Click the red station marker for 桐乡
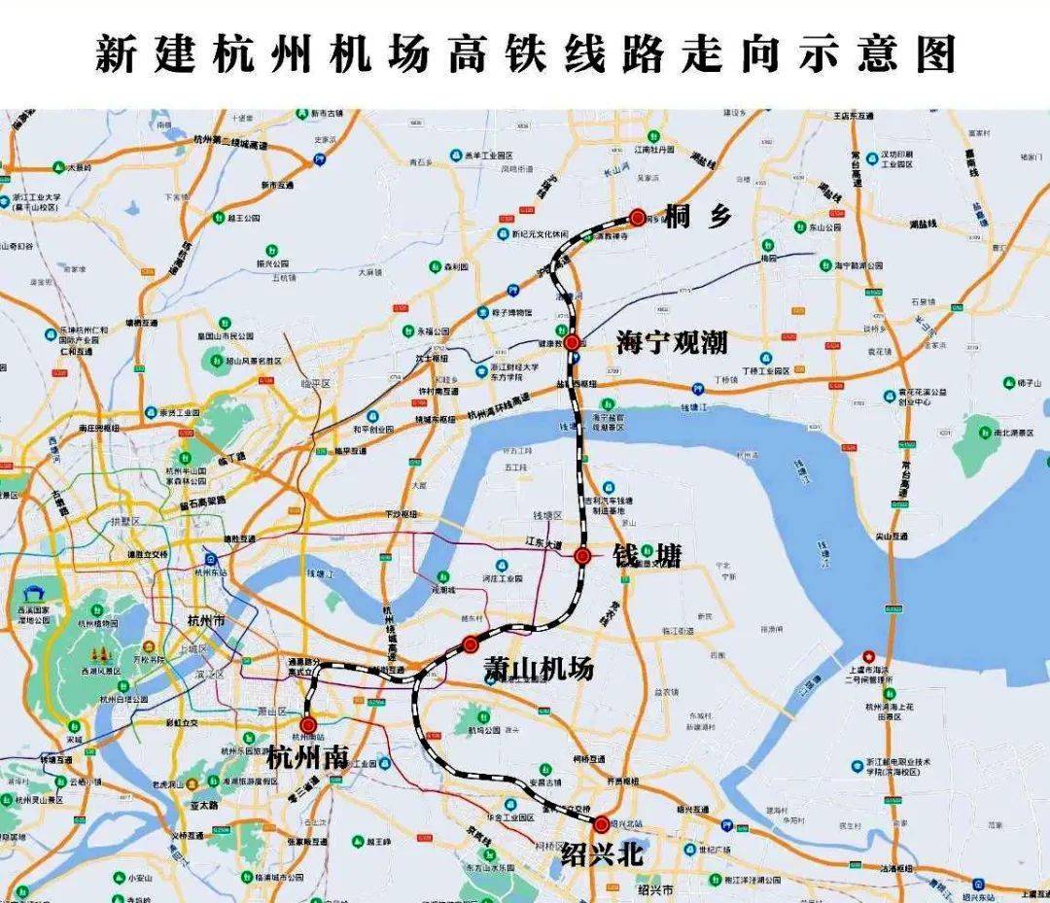[637, 218]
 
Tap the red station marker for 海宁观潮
[573, 342]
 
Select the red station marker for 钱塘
[582, 556]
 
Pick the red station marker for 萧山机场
[471, 643]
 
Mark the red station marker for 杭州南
[308, 724]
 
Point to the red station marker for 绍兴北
[602, 824]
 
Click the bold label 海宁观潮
[672, 342]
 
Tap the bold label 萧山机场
[539, 669]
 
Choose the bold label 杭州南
[306, 756]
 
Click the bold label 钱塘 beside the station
[647, 556]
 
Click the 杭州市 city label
[207, 620]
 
